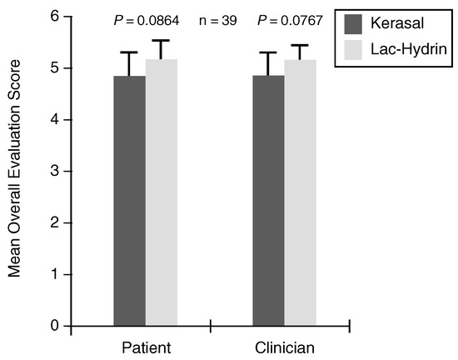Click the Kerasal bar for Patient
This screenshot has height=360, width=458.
point(130,201)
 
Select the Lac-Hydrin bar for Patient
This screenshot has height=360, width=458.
point(162,192)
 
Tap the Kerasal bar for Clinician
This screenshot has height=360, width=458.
point(269,201)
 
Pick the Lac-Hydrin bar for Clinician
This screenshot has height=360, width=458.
point(301,192)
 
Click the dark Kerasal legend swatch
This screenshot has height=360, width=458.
point(353,24)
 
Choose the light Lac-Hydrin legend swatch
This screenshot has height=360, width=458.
point(353,50)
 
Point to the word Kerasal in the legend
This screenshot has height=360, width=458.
point(397,23)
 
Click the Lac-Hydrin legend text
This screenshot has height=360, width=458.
point(409,49)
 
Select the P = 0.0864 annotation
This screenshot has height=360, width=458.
point(147,21)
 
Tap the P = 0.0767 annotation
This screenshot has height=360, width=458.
point(290,21)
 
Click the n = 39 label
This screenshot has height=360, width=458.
point(218,21)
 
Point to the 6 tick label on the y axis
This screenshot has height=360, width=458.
point(55,16)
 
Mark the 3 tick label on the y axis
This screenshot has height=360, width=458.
point(55,171)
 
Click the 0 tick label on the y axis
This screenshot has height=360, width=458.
point(55,326)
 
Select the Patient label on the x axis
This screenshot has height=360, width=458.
point(147,348)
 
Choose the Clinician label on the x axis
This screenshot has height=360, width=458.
point(285,348)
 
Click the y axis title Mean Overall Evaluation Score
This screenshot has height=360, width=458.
point(14,168)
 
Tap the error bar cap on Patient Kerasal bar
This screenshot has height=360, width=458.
point(129,52)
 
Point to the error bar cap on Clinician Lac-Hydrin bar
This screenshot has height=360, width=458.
point(300,45)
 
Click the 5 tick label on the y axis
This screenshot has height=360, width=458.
point(55,68)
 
